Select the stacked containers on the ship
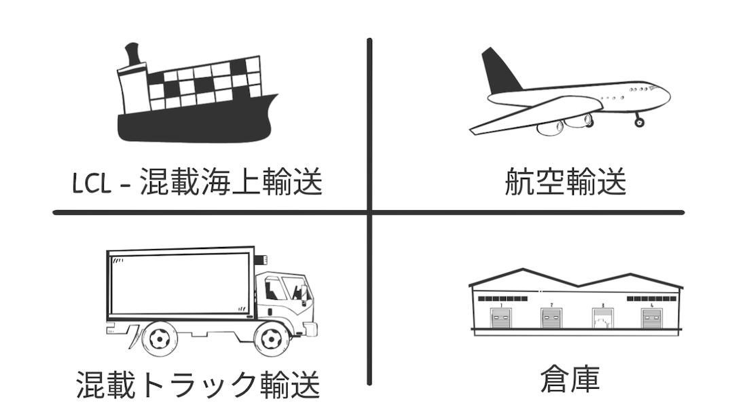click(205, 83)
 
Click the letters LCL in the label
click(92, 183)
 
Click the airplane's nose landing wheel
click(639, 122)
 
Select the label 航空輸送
click(565, 181)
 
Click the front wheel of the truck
click(272, 339)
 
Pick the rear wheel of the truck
click(160, 339)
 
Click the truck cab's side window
click(275, 288)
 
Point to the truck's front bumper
click(310, 330)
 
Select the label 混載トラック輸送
click(198, 385)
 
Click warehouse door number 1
click(500, 318)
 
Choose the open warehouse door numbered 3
click(602, 318)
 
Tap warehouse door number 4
click(652, 318)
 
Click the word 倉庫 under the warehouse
click(570, 379)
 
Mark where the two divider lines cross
click(369, 212)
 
